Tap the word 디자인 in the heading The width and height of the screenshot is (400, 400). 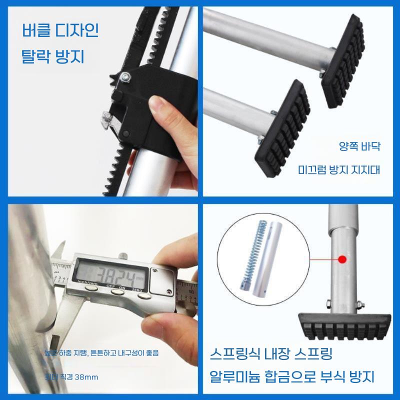point(79,32)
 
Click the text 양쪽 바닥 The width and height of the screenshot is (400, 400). point(359,147)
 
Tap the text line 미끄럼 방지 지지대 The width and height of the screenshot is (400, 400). point(339,169)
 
